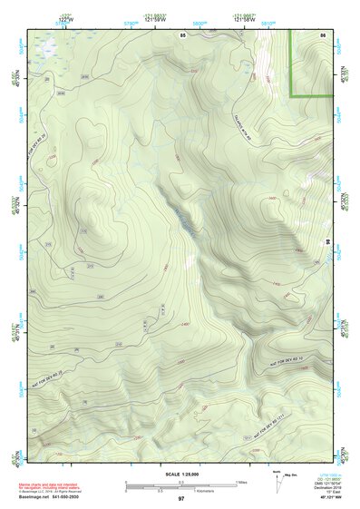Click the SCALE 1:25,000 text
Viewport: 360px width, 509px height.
pos(181,475)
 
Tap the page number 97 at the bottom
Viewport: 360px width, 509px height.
pos(181,499)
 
